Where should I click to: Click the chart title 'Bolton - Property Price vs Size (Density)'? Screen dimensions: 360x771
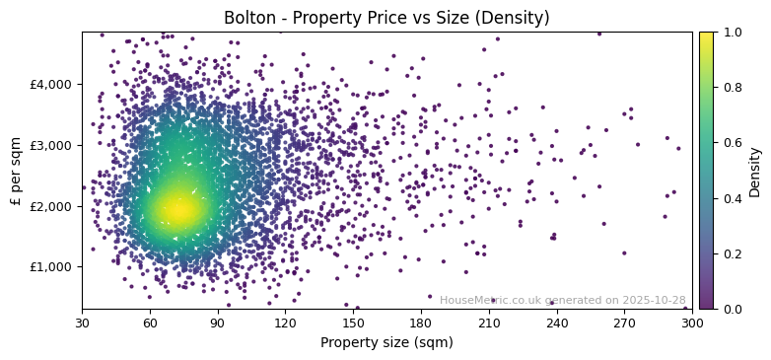click(x=386, y=18)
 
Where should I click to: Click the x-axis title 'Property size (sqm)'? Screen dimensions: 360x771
click(x=386, y=342)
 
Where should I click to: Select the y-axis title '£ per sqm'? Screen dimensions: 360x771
click(x=16, y=171)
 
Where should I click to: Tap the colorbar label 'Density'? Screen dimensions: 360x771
click(x=755, y=171)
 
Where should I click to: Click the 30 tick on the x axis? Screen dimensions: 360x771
click(x=82, y=323)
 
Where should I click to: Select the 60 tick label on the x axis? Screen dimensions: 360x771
click(x=150, y=323)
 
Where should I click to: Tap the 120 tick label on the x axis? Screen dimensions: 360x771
click(x=285, y=323)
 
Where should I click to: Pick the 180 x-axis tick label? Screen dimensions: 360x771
click(x=421, y=323)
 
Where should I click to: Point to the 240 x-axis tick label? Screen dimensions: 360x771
click(x=556, y=323)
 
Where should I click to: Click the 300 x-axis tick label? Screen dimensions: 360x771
click(x=692, y=323)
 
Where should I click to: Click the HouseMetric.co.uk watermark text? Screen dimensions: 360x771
click(x=562, y=300)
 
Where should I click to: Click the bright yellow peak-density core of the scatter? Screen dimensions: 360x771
click(x=177, y=208)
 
